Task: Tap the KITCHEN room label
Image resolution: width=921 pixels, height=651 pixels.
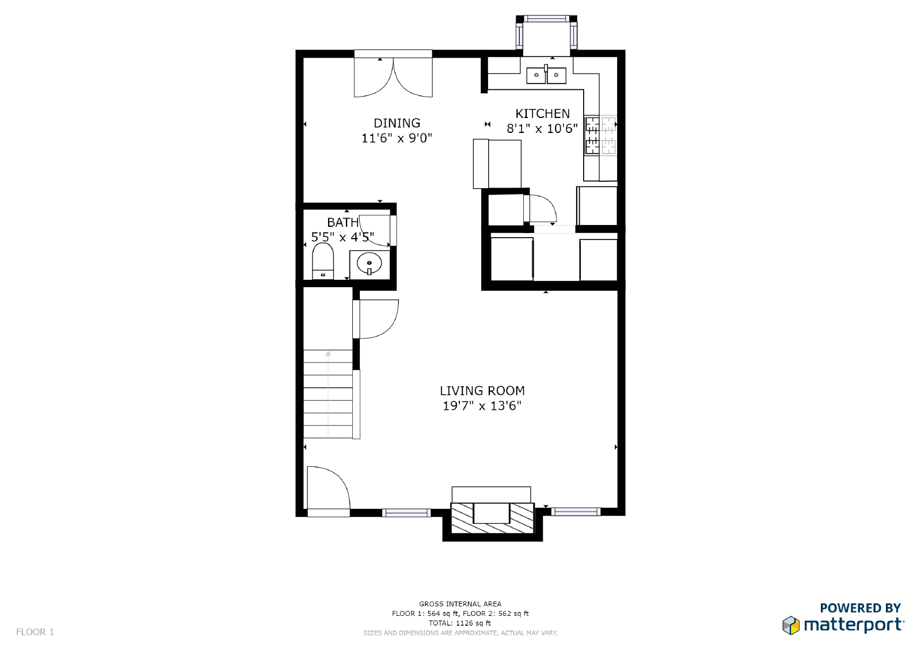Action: (x=542, y=113)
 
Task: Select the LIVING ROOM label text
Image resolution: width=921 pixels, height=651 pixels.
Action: (x=482, y=391)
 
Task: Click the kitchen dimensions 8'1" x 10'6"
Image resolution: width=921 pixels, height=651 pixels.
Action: (x=542, y=129)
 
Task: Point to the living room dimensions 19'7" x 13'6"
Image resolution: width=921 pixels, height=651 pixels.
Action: (x=482, y=406)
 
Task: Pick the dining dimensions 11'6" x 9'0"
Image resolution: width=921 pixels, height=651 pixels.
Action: (x=397, y=138)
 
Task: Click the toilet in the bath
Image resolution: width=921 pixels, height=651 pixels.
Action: (x=323, y=261)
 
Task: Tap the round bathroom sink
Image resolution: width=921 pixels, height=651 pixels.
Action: (x=369, y=263)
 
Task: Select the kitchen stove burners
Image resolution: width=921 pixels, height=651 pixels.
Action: (x=600, y=135)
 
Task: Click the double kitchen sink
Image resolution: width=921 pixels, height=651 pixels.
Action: (x=546, y=74)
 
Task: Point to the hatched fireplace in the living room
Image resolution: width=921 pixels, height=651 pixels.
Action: (x=492, y=518)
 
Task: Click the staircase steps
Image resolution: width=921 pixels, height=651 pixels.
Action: (x=328, y=394)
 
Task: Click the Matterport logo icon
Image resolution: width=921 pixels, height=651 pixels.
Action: (x=791, y=626)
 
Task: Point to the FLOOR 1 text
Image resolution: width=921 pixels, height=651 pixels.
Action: (x=35, y=632)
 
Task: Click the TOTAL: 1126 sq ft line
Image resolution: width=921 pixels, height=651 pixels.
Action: (x=460, y=623)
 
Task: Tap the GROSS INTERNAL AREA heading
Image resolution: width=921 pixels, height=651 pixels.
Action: (x=460, y=604)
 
